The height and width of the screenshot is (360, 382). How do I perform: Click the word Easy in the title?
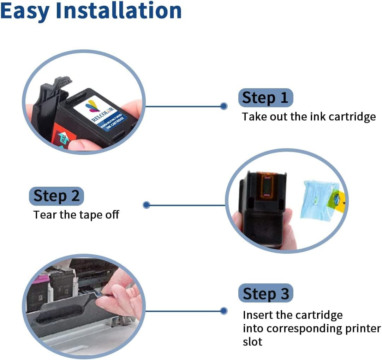[25, 11]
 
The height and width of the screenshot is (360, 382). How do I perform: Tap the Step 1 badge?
[265, 98]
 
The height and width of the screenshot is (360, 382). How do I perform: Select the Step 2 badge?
[56, 196]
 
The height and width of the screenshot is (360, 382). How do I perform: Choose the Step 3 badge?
[265, 293]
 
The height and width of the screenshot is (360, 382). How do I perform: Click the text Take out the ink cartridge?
[309, 117]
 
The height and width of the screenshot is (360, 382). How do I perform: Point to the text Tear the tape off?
[76, 215]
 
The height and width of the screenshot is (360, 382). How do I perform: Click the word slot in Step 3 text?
[252, 342]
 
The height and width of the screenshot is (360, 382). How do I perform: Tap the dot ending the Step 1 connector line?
[223, 106]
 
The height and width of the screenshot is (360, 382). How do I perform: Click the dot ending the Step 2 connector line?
[147, 205]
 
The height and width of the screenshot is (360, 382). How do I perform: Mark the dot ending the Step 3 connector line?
[223, 311]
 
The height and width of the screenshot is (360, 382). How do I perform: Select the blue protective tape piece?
[316, 199]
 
